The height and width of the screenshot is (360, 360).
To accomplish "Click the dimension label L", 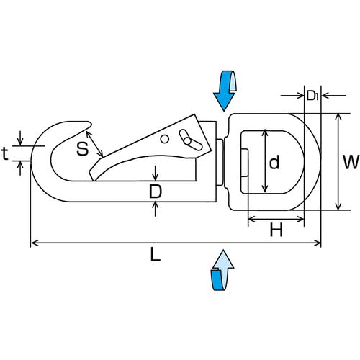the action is (155, 254).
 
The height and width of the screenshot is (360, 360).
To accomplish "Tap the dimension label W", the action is (351, 162).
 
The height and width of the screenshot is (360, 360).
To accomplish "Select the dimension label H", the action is (276, 230).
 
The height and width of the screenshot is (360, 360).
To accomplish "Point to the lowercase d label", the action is (274, 162).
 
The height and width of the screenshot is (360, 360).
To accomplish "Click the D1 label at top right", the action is (312, 96).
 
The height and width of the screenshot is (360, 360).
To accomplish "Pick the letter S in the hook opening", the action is (82, 148).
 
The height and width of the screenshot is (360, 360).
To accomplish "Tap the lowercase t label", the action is (5, 153).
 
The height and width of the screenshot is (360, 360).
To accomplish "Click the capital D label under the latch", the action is (156, 192).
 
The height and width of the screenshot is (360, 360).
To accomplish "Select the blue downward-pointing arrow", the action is (225, 91).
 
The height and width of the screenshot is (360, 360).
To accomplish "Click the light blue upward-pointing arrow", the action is (222, 270).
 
